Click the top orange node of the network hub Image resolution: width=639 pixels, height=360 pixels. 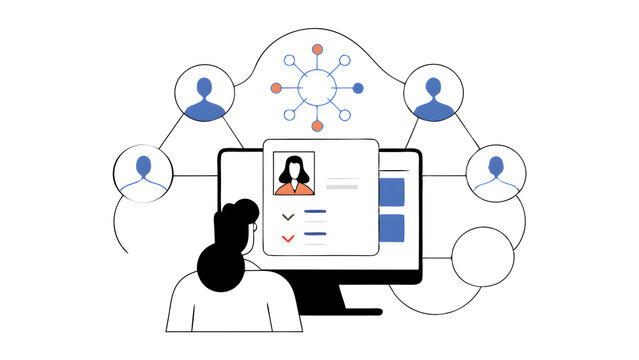point(317,49)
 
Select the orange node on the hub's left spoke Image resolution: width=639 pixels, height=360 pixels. point(275,88)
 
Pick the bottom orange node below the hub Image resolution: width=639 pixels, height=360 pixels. point(317,126)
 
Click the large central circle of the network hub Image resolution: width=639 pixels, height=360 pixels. point(317,88)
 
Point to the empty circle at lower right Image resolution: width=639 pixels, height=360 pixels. point(483,258)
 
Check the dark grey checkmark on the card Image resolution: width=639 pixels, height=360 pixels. point(288,215)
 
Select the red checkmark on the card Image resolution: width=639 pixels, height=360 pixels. point(288,238)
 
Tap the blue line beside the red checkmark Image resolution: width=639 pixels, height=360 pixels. point(316,233)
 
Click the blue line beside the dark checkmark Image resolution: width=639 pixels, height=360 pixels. point(316,212)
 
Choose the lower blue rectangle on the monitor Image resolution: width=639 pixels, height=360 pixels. point(393,229)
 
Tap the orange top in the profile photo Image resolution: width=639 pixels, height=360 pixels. point(294,187)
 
